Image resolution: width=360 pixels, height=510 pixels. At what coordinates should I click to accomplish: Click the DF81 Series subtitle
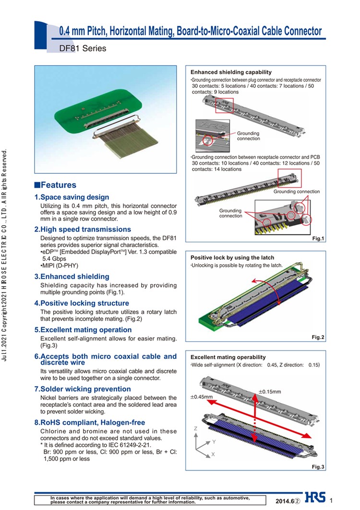point(82,49)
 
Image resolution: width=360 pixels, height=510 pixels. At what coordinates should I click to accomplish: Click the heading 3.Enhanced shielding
point(72,277)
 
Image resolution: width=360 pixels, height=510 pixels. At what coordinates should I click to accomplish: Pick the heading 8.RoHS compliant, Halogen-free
point(89,423)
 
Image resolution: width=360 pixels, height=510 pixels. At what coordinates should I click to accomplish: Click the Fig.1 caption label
point(318,239)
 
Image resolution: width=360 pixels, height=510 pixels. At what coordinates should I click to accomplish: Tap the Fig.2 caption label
point(318,338)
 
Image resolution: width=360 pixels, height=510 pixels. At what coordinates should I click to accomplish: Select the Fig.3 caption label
point(318,467)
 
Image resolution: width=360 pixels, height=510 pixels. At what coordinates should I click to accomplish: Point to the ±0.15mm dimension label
point(270,392)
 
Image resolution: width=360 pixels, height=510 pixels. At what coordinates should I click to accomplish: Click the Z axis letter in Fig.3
point(196,428)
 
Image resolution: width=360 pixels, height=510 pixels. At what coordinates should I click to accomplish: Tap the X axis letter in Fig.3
point(213,454)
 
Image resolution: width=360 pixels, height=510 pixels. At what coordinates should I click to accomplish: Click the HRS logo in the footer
point(314,498)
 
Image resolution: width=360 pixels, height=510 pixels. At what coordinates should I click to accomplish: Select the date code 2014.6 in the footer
point(285,501)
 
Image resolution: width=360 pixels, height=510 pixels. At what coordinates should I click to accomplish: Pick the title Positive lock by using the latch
point(232,258)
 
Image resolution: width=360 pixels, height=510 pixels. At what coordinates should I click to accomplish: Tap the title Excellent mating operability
point(228,357)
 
